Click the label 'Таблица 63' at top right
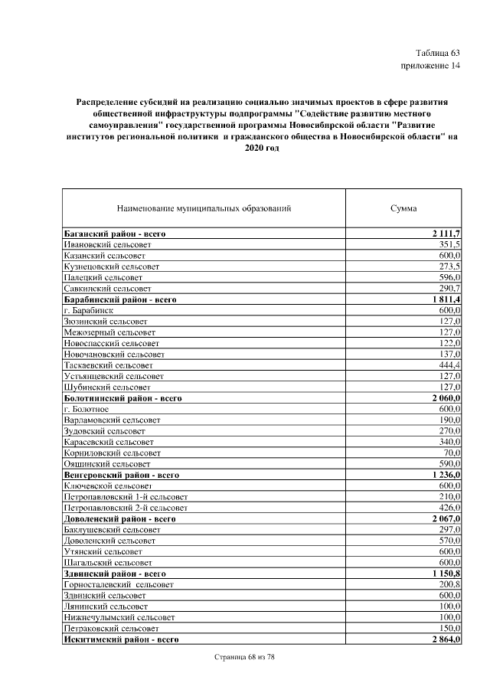pos(436,53)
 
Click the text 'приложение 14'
pos(431,66)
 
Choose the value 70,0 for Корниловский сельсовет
pos(450,453)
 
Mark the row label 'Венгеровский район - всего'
pos(120,476)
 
